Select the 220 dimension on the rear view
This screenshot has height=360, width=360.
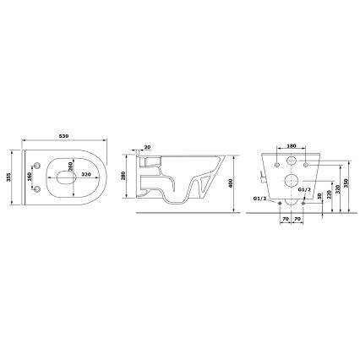pyautogui.click(x=328, y=194)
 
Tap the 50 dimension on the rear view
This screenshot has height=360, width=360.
pyautogui.click(x=319, y=204)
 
